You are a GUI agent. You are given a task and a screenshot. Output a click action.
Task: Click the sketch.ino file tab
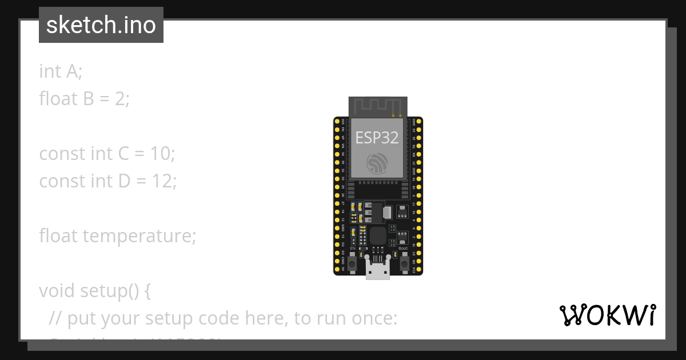pyautogui.click(x=101, y=25)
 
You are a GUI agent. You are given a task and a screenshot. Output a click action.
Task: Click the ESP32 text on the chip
pyautogui.click(x=377, y=138)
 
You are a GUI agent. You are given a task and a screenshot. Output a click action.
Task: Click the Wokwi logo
pyautogui.click(x=608, y=315)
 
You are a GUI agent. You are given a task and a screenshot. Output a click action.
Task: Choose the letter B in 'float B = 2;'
pyautogui.click(x=88, y=98)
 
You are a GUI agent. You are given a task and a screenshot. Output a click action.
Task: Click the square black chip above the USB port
pyautogui.click(x=378, y=235)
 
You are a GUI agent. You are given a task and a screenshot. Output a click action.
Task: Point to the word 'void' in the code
pyautogui.click(x=55, y=290)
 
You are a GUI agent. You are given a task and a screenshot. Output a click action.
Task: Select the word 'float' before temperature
pyautogui.click(x=58, y=235)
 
